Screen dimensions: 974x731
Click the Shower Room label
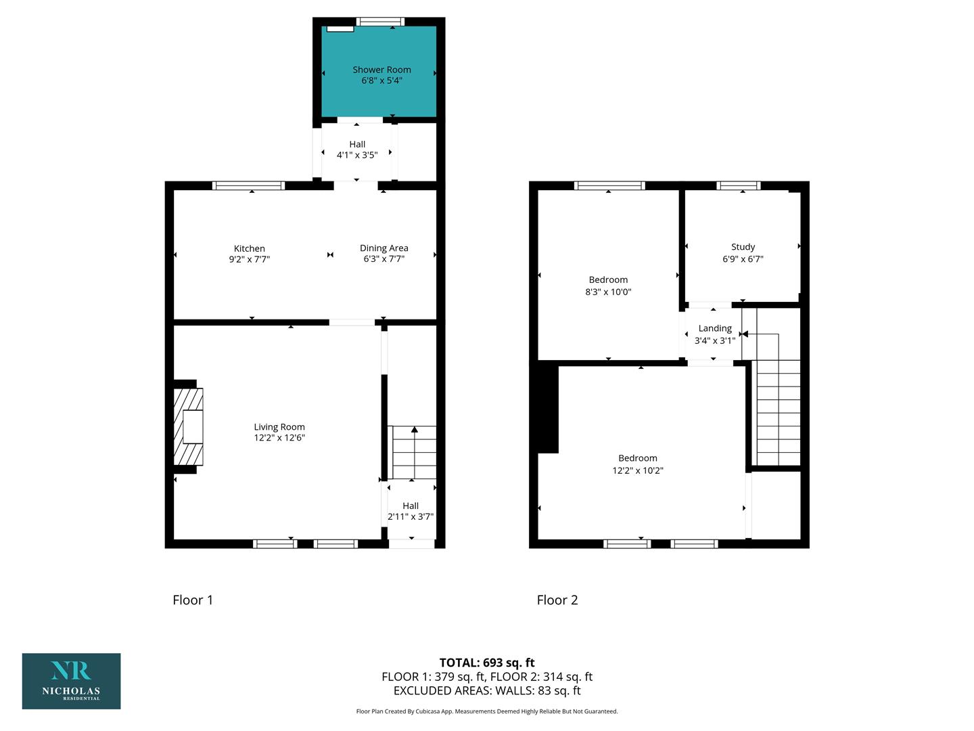click(x=381, y=70)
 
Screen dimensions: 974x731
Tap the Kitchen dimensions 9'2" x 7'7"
click(x=250, y=259)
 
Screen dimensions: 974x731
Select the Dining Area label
click(x=384, y=248)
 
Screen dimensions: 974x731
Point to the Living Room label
click(x=279, y=427)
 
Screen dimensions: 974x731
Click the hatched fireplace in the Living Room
click(x=188, y=426)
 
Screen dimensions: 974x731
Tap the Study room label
click(x=743, y=247)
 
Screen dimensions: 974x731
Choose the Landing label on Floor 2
click(x=715, y=328)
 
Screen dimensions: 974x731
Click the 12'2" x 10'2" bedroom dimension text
click(x=638, y=470)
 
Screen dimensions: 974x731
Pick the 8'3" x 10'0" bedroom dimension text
click(x=608, y=292)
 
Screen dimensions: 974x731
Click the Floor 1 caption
click(x=193, y=600)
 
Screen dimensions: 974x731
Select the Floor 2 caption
click(x=557, y=600)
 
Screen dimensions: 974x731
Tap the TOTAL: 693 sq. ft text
click(x=487, y=663)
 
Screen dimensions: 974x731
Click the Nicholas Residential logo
click(x=72, y=681)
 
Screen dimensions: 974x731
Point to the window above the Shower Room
click(x=380, y=21)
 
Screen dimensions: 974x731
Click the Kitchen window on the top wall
click(x=248, y=185)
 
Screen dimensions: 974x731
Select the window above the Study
click(x=739, y=185)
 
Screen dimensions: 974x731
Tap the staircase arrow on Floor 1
click(x=415, y=452)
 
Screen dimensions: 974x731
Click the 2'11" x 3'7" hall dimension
click(x=411, y=516)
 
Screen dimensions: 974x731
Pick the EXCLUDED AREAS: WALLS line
click(x=487, y=690)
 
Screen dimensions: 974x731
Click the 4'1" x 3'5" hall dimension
click(x=357, y=156)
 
